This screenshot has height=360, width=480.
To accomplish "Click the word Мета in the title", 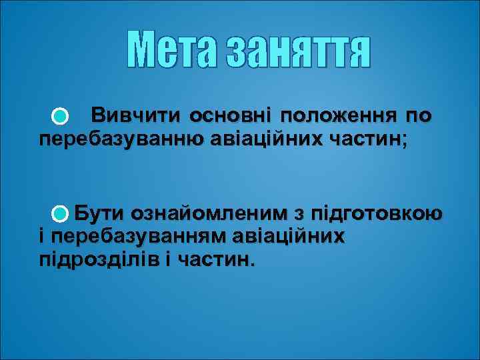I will click(x=174, y=51).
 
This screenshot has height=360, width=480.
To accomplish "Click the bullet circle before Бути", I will click(x=59, y=214).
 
